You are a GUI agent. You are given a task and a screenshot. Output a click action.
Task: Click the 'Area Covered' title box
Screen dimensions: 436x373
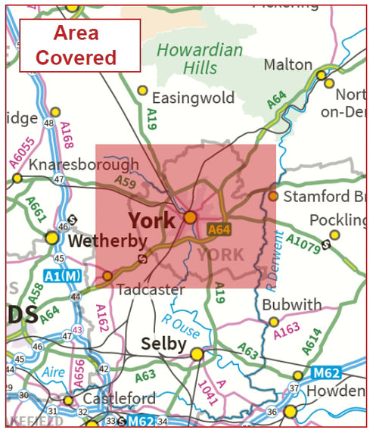point(79,45)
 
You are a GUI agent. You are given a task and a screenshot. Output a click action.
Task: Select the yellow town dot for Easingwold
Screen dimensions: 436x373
point(142,90)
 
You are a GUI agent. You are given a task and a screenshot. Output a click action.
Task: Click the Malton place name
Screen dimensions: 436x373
point(288,65)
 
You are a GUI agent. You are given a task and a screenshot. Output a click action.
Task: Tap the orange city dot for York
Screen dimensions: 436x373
point(191,217)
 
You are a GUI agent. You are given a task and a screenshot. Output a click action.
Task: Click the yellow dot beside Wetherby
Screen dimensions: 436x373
point(51,238)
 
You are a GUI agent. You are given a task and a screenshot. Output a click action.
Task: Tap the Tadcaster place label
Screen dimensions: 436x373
point(151,289)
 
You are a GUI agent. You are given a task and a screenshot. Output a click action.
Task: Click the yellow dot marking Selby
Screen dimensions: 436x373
point(197,353)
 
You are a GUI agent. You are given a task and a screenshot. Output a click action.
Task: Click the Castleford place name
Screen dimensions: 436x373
point(120,398)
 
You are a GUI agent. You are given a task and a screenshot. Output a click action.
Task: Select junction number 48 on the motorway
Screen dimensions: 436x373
point(51,123)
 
